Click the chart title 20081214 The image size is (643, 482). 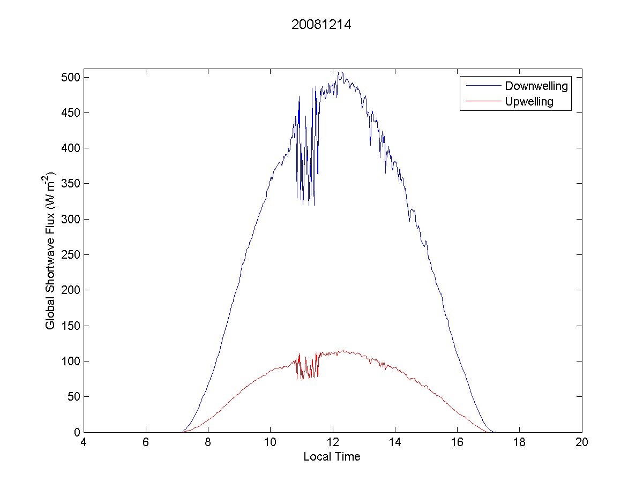321,25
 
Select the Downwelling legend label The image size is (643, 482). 536,86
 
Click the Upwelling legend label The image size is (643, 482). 529,102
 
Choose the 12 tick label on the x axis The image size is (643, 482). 333,442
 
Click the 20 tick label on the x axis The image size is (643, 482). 581,442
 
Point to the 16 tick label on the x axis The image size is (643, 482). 457,442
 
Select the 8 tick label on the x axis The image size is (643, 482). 208,442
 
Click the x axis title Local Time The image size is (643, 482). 332,457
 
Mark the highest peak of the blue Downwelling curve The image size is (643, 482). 339,72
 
